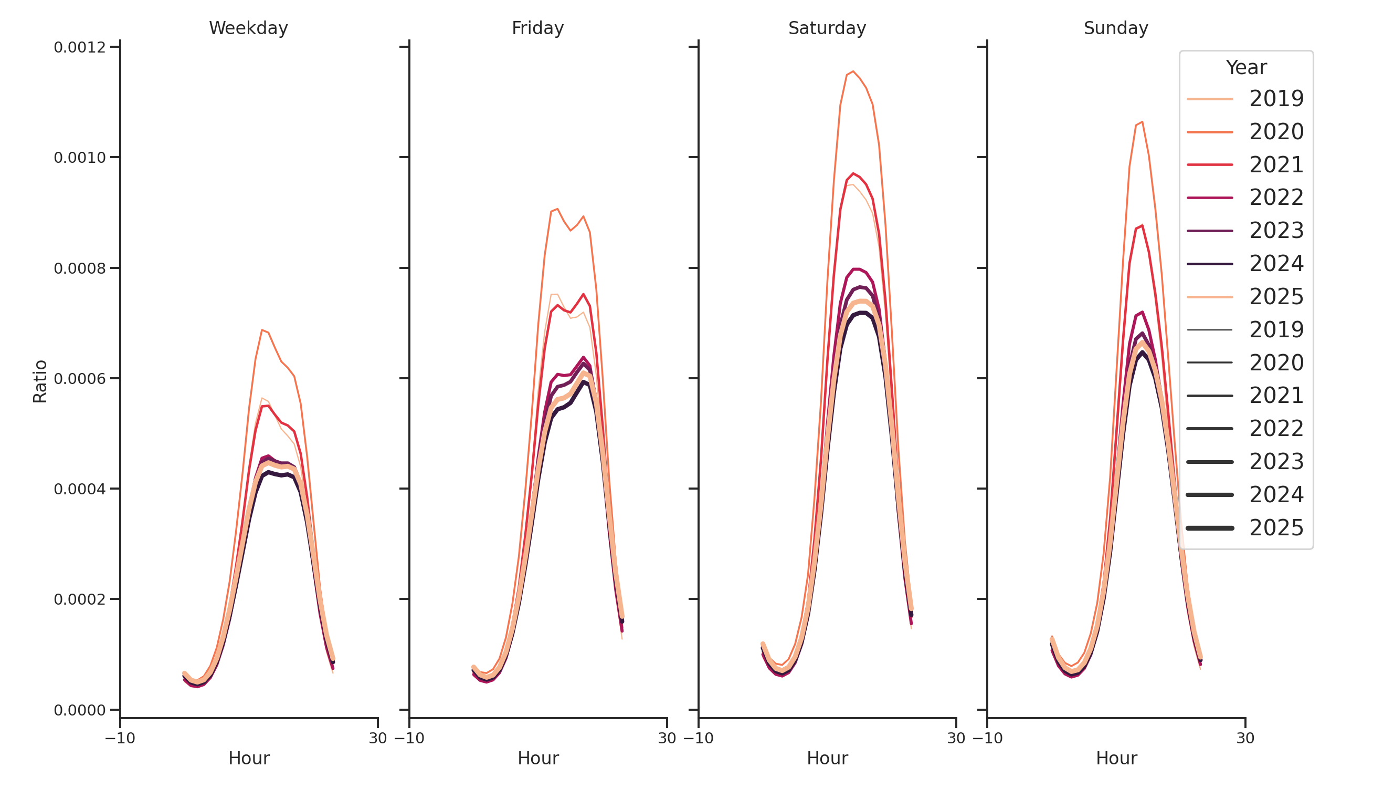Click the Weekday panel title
[248, 28]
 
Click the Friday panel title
[537, 28]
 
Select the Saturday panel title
[826, 28]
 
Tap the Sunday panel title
[1115, 28]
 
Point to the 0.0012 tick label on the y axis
[80, 47]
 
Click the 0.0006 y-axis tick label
[80, 379]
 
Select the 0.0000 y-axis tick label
[80, 710]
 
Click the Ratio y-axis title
[40, 381]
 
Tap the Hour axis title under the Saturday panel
[827, 758]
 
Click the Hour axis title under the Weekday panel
[248, 758]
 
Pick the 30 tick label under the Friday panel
[667, 738]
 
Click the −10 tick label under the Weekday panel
[120, 738]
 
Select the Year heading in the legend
[1245, 67]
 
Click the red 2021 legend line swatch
[1209, 164]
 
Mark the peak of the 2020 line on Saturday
[853, 71]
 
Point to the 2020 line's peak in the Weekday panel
[262, 330]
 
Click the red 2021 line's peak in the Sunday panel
[1142, 226]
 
